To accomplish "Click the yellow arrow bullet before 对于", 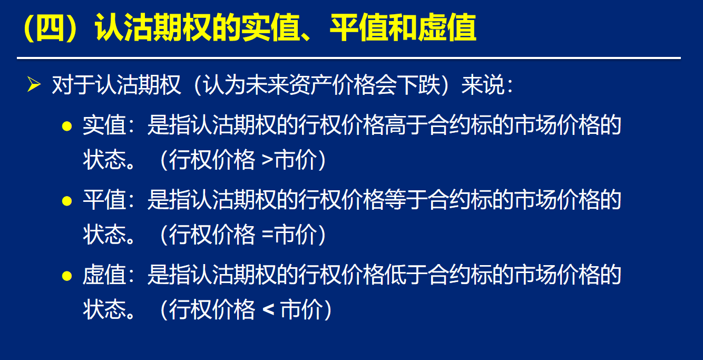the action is [34, 84].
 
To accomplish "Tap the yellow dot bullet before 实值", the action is [67, 126].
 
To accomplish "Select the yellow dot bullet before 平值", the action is [67, 201].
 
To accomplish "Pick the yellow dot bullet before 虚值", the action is [67, 276].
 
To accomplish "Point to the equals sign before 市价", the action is [267, 235].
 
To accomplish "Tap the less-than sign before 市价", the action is [268, 309].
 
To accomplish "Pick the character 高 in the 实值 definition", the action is [395, 125].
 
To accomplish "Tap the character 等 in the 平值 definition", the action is [395, 200].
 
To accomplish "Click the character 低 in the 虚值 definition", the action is [395, 275].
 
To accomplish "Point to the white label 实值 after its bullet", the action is [104, 125].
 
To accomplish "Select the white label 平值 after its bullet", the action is [104, 200].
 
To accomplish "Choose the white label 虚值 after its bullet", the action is [104, 275].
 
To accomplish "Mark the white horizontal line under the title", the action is [349, 58].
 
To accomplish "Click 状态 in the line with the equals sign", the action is [104, 235].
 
